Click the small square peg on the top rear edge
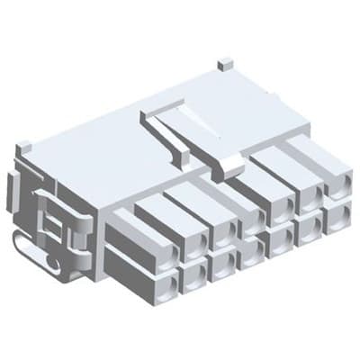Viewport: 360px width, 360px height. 226,66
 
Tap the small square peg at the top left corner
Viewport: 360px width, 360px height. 24,146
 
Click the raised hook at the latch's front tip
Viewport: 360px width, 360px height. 230,166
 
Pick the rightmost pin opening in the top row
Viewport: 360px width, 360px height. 336,189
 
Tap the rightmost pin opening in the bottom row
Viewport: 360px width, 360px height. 336,218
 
